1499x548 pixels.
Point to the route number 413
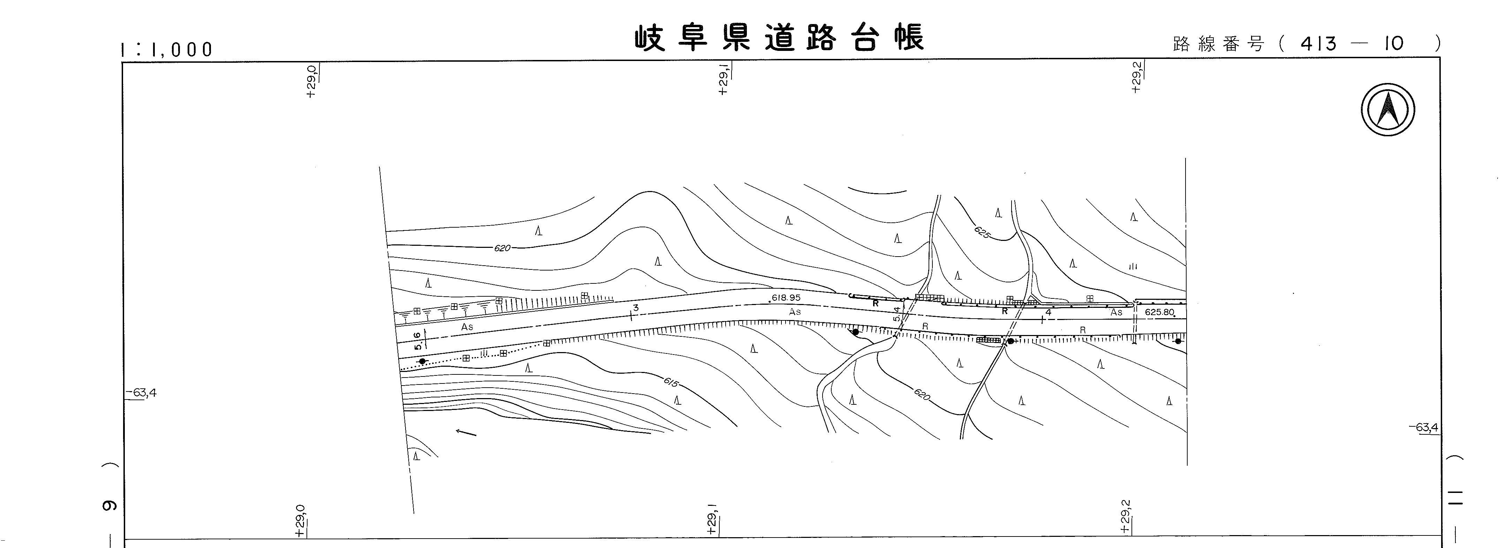point(1319,44)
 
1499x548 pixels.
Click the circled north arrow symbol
point(1388,110)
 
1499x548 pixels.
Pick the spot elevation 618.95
point(785,297)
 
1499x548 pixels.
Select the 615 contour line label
point(671,383)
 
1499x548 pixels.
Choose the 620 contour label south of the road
point(922,394)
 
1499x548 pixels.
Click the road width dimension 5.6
point(417,340)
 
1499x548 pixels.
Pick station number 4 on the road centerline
point(1048,312)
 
